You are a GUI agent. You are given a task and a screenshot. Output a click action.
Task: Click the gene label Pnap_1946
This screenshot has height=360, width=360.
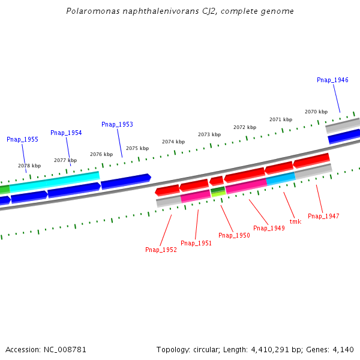(x=332, y=80)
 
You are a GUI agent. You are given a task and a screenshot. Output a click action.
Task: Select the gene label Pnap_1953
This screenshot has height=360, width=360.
(x=117, y=124)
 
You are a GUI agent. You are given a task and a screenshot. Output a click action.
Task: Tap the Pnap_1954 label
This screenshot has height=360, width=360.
(x=66, y=133)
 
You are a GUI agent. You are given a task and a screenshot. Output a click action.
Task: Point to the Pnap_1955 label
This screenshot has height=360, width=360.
(x=22, y=139)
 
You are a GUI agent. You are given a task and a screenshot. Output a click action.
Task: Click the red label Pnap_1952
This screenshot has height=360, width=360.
(x=161, y=250)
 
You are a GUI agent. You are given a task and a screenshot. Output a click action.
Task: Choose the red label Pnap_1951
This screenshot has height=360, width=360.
(x=196, y=243)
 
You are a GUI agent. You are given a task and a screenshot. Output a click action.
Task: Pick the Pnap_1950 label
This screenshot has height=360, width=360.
(x=234, y=235)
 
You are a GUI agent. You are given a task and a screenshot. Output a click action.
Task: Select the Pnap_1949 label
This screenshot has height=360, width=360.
(x=269, y=228)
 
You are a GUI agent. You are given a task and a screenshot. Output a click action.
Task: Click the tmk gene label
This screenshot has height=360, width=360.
(x=295, y=221)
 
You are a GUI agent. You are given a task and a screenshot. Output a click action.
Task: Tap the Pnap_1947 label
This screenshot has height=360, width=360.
(x=323, y=216)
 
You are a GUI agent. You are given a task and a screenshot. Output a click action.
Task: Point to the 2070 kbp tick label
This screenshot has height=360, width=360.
(x=316, y=112)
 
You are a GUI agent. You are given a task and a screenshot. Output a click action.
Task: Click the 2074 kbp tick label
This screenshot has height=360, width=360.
(x=173, y=142)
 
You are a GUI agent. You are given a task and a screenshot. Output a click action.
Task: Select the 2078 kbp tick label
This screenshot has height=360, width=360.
(x=29, y=166)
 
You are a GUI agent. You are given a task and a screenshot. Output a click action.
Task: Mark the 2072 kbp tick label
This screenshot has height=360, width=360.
(x=245, y=127)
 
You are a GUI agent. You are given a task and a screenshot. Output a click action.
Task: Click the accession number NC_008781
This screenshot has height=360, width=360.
(x=66, y=349)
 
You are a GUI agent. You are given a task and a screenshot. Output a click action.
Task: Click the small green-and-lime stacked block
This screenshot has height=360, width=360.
(x=218, y=191)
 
